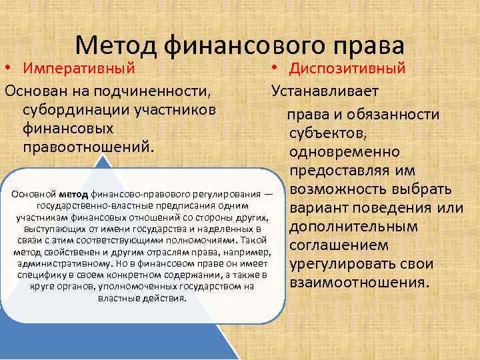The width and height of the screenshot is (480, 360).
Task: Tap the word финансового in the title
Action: tap(244, 44)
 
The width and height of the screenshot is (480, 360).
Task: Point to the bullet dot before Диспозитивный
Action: tap(275, 68)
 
